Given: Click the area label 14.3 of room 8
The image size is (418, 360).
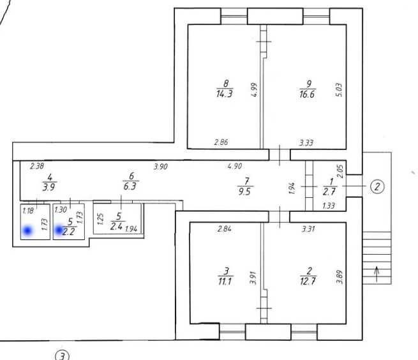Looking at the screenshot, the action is point(225,94).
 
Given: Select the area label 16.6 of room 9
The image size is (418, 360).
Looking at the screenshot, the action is point(307,94).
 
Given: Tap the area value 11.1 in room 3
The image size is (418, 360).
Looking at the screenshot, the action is point(225,281).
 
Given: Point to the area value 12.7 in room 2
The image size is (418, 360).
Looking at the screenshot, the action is point(308,281).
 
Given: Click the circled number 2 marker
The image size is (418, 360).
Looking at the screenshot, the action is point(377,186).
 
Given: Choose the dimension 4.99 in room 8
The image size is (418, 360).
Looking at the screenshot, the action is point(255,90).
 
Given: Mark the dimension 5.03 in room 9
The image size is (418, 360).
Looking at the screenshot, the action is point(339,90).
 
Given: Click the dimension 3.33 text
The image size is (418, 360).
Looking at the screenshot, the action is point(306,143).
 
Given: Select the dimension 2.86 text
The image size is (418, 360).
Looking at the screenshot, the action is point(221,142).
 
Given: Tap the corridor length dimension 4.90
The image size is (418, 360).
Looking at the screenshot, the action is point(235,166).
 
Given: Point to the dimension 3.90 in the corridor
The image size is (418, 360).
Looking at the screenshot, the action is point(161,167).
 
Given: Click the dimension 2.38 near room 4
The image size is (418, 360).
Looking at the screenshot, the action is point(37,166).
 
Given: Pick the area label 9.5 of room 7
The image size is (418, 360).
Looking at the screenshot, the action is point(244,191).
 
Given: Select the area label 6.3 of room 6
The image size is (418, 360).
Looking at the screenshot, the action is point(130,186).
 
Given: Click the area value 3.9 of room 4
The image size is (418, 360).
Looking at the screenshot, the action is point(49,187).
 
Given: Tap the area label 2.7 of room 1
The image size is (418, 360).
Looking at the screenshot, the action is point(329,191).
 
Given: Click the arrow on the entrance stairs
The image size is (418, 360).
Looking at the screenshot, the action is point(377,274).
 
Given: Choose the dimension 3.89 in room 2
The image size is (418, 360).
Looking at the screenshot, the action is point(340,277).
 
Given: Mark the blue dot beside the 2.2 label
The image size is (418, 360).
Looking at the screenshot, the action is point(59,230).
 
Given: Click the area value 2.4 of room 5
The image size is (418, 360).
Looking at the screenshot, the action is point(117,227).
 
